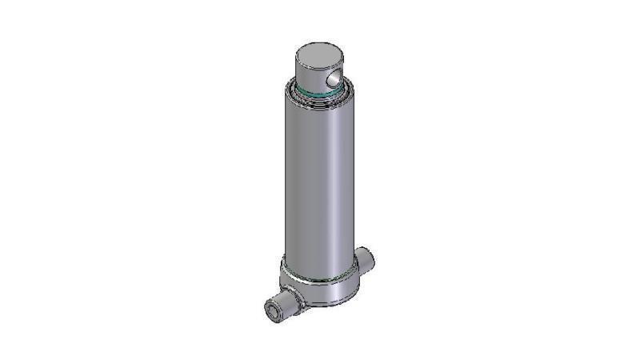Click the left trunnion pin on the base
pos(282,307)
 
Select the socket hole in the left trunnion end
pos(272,311)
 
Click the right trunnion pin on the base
pos(366,259)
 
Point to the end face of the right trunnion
pos(370,257)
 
